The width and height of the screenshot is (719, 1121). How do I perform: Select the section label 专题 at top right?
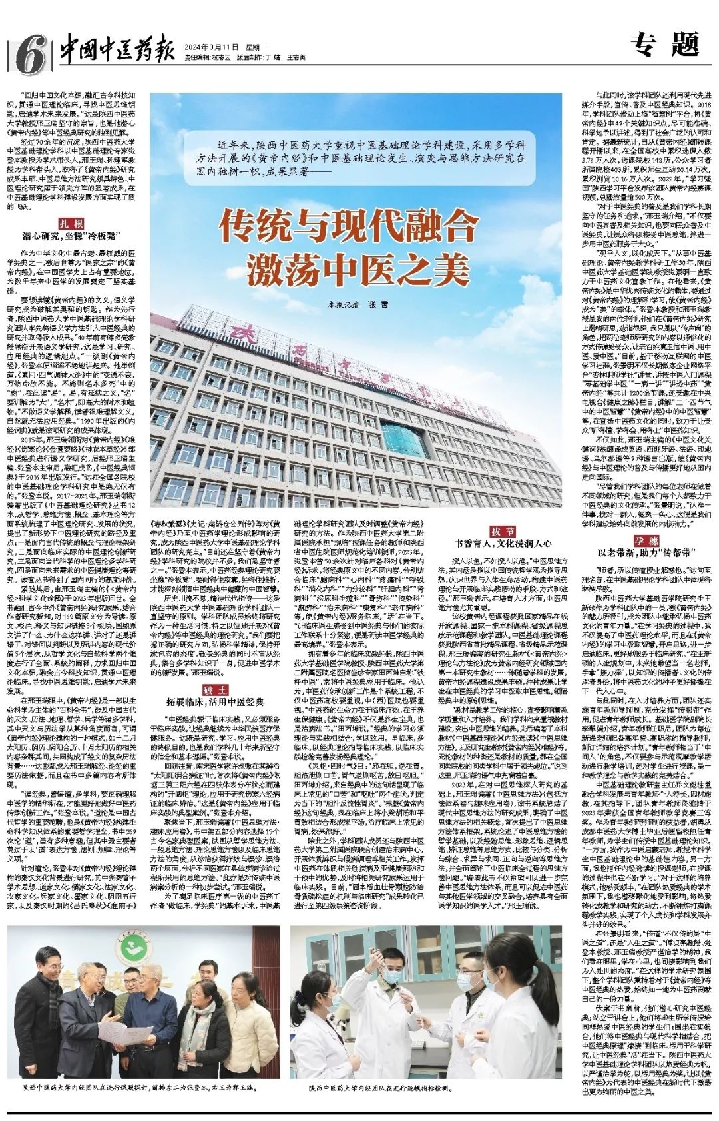coord(665,45)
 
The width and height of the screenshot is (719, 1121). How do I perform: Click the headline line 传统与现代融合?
coord(350,228)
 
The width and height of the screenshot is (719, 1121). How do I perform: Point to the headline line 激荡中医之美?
coord(350,268)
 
